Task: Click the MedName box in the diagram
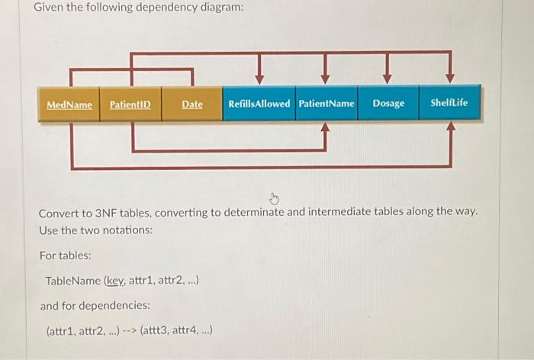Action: point(69,104)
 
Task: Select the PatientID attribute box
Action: point(130,104)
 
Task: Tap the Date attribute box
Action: point(192,104)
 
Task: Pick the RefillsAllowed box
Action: point(259,104)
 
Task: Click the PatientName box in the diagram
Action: point(327,104)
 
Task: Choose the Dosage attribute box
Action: point(388,104)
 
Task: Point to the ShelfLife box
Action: point(449,104)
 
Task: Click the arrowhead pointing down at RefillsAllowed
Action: point(259,77)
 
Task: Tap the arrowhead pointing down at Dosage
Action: point(387,77)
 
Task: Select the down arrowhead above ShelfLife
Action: point(450,77)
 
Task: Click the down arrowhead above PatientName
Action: point(325,77)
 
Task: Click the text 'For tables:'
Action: point(65,256)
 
